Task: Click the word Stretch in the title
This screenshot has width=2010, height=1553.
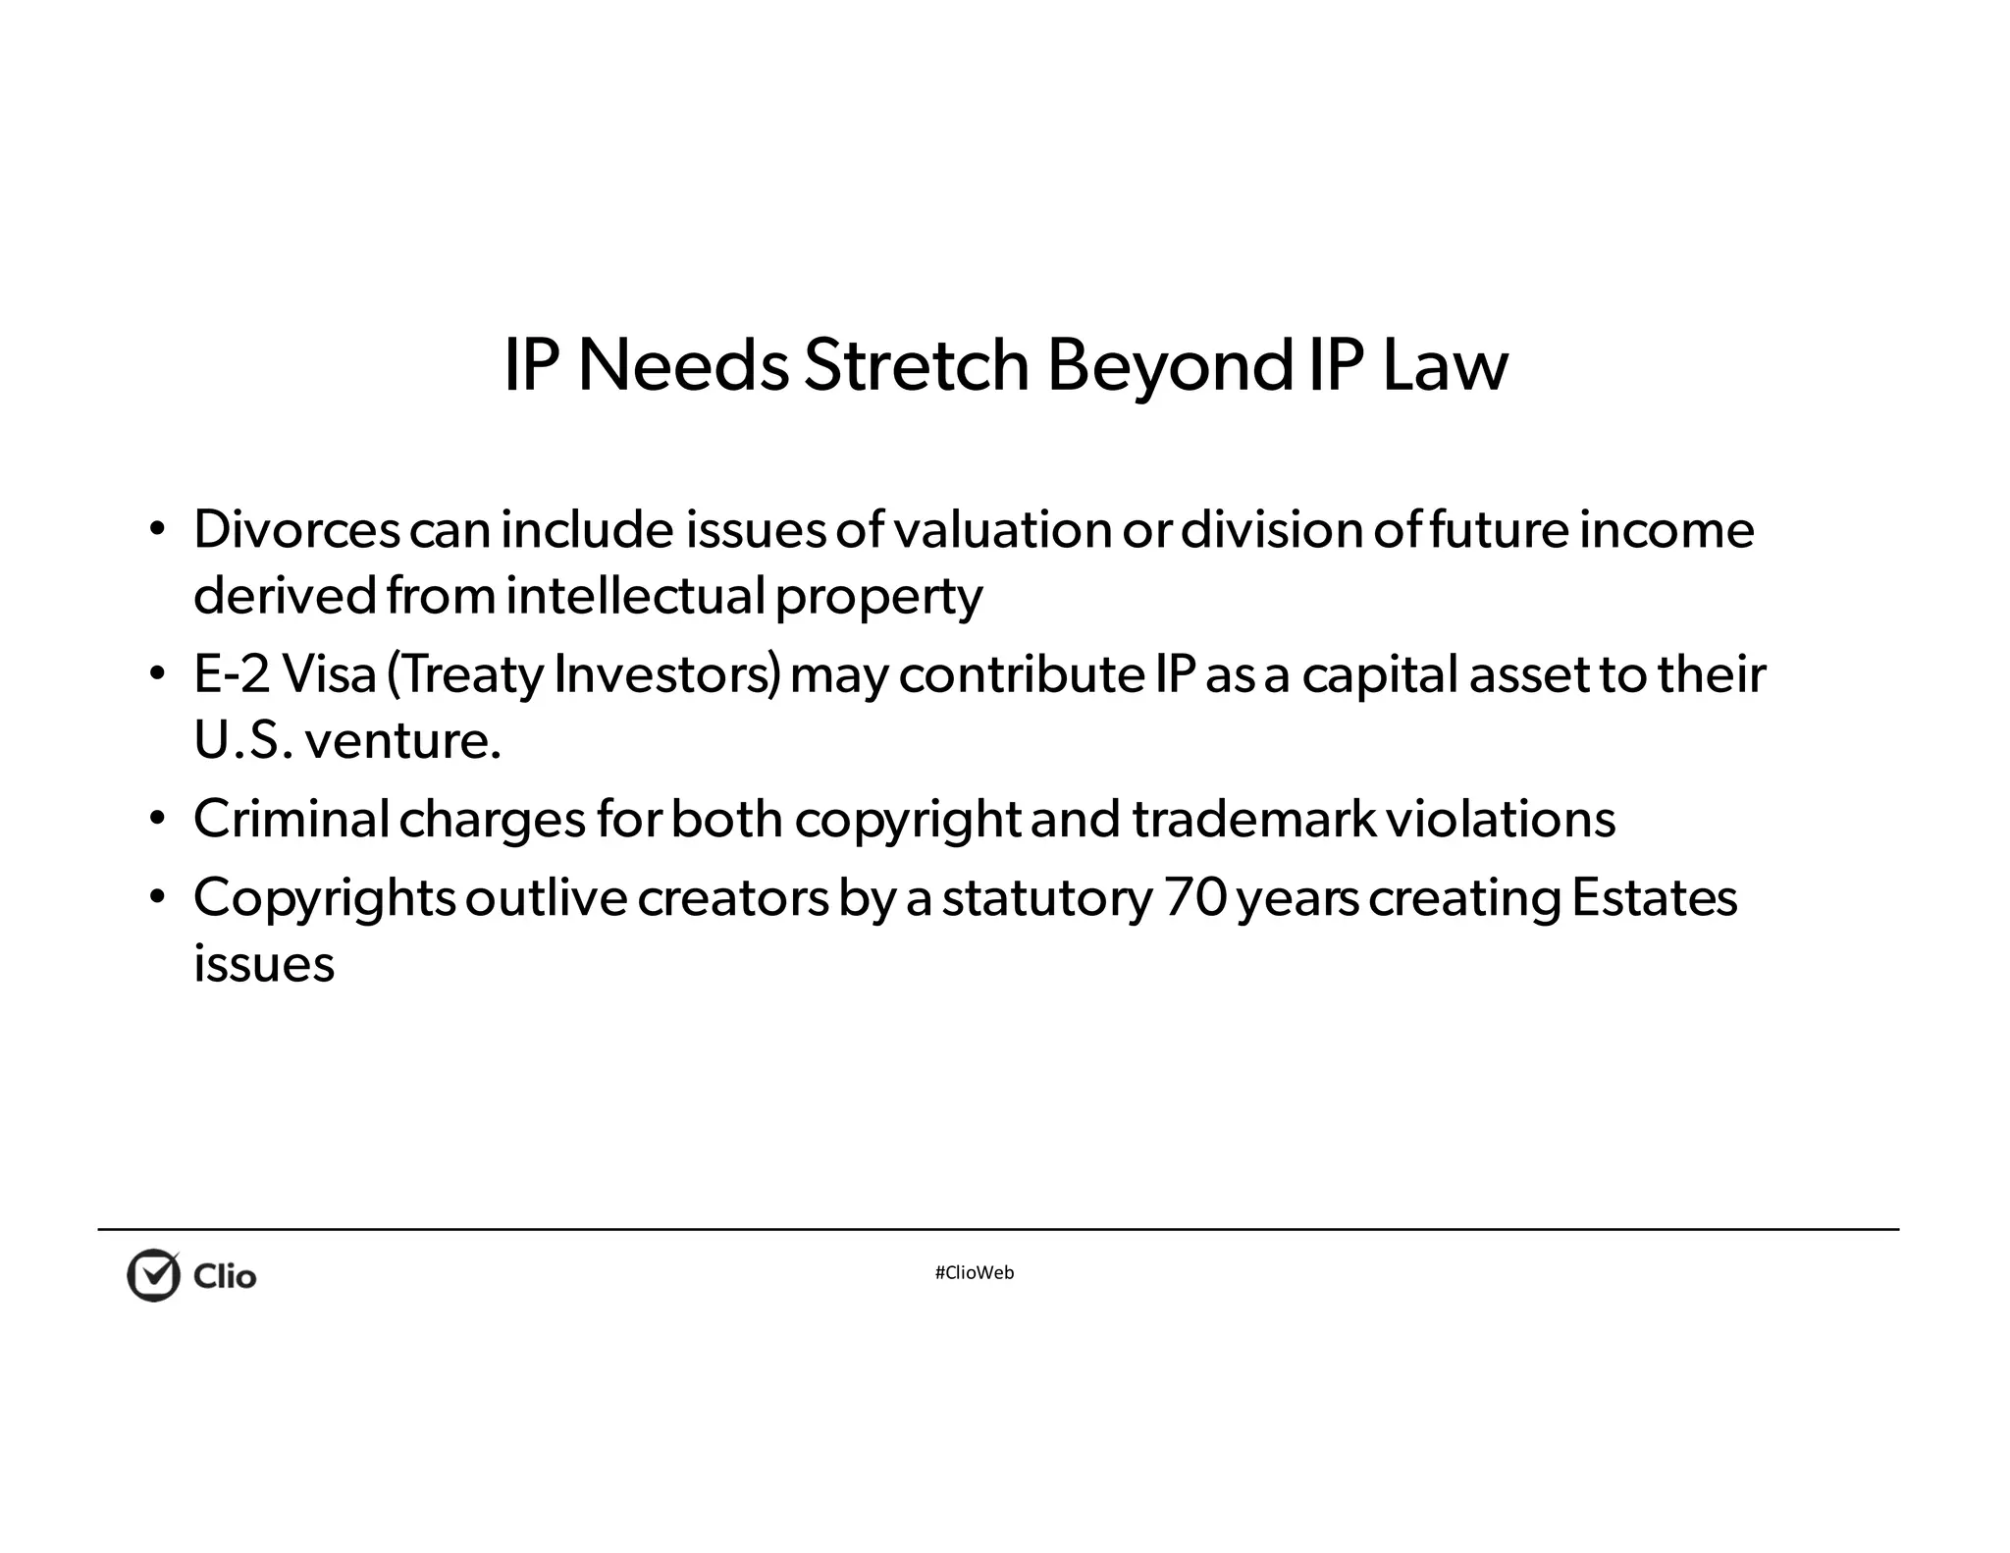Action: point(916,365)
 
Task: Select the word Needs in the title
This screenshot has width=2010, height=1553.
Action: point(683,365)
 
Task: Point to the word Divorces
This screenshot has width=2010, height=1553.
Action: point(296,530)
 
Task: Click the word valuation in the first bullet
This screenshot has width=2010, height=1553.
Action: point(1002,530)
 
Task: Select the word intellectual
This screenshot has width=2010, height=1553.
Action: point(635,596)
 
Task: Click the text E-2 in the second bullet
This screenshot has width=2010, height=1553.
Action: point(232,674)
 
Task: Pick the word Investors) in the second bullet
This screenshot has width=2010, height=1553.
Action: point(667,674)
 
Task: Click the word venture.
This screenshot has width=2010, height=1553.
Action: point(403,740)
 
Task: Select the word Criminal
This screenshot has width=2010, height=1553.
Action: point(291,819)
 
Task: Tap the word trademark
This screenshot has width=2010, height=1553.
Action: point(1253,819)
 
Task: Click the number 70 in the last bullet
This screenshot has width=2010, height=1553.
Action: point(1195,897)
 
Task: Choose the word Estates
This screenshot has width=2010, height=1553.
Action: point(1654,897)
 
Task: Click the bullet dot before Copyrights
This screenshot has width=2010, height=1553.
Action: point(156,896)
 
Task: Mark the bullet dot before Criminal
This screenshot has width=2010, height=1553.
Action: point(156,818)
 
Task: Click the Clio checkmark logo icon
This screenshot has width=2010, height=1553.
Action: point(154,1275)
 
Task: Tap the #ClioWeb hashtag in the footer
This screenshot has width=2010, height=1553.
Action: point(975,1273)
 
